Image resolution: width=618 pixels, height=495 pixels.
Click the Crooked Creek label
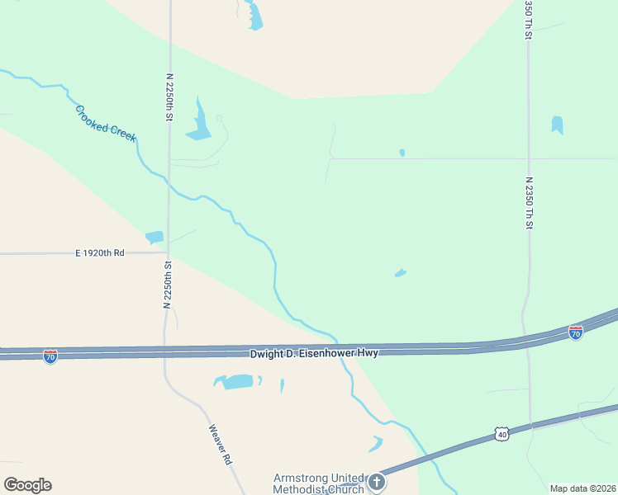click(x=105, y=123)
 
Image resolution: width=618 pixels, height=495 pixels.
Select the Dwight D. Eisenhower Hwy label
click(x=314, y=353)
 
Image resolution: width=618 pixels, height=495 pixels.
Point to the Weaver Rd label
click(x=219, y=445)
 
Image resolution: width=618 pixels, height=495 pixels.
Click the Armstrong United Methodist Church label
click(x=319, y=483)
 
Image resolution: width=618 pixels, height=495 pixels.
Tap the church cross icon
click(x=376, y=481)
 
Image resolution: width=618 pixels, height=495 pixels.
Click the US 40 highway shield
click(x=502, y=433)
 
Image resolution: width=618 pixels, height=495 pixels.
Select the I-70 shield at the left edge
click(x=50, y=356)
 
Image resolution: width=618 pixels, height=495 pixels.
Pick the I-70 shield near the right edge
click(x=576, y=332)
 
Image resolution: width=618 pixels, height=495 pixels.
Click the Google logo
click(x=27, y=485)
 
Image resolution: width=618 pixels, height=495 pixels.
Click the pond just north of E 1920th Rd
click(x=154, y=238)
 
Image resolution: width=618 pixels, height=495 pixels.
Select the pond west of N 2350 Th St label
click(x=557, y=125)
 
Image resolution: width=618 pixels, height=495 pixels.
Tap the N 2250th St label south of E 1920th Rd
click(x=167, y=285)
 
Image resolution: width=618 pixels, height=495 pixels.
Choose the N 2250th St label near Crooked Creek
click(x=169, y=97)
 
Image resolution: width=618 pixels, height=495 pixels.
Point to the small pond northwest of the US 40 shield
click(x=376, y=444)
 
